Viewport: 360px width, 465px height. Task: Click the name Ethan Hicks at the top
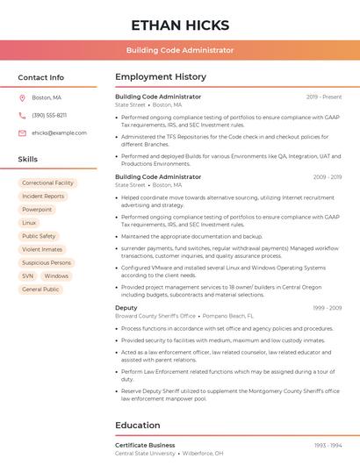pyautogui.click(x=180, y=25)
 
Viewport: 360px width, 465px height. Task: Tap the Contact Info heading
pyautogui.click(x=41, y=77)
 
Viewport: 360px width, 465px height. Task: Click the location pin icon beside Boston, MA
pyautogui.click(x=22, y=97)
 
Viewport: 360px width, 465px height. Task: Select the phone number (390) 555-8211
pyautogui.click(x=49, y=115)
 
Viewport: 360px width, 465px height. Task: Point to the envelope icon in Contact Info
pyautogui.click(x=22, y=132)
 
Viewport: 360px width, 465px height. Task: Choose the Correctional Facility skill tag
pyautogui.click(x=48, y=183)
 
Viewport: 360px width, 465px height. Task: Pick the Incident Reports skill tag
pyautogui.click(x=43, y=197)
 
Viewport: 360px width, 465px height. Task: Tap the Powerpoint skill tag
pyautogui.click(x=37, y=210)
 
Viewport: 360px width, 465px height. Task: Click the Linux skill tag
pyautogui.click(x=30, y=223)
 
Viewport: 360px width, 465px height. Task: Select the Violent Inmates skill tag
pyautogui.click(x=42, y=249)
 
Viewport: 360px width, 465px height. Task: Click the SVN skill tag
pyautogui.click(x=28, y=275)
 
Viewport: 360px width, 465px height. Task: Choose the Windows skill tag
pyautogui.click(x=56, y=275)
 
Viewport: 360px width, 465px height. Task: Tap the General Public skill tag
pyautogui.click(x=40, y=289)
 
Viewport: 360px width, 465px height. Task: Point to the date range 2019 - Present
pyautogui.click(x=324, y=97)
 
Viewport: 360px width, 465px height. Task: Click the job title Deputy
pyautogui.click(x=126, y=308)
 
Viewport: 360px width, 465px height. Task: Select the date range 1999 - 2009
pyautogui.click(x=328, y=308)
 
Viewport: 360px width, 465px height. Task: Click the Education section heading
pyautogui.click(x=138, y=426)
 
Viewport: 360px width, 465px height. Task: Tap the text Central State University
pyautogui.click(x=145, y=454)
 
